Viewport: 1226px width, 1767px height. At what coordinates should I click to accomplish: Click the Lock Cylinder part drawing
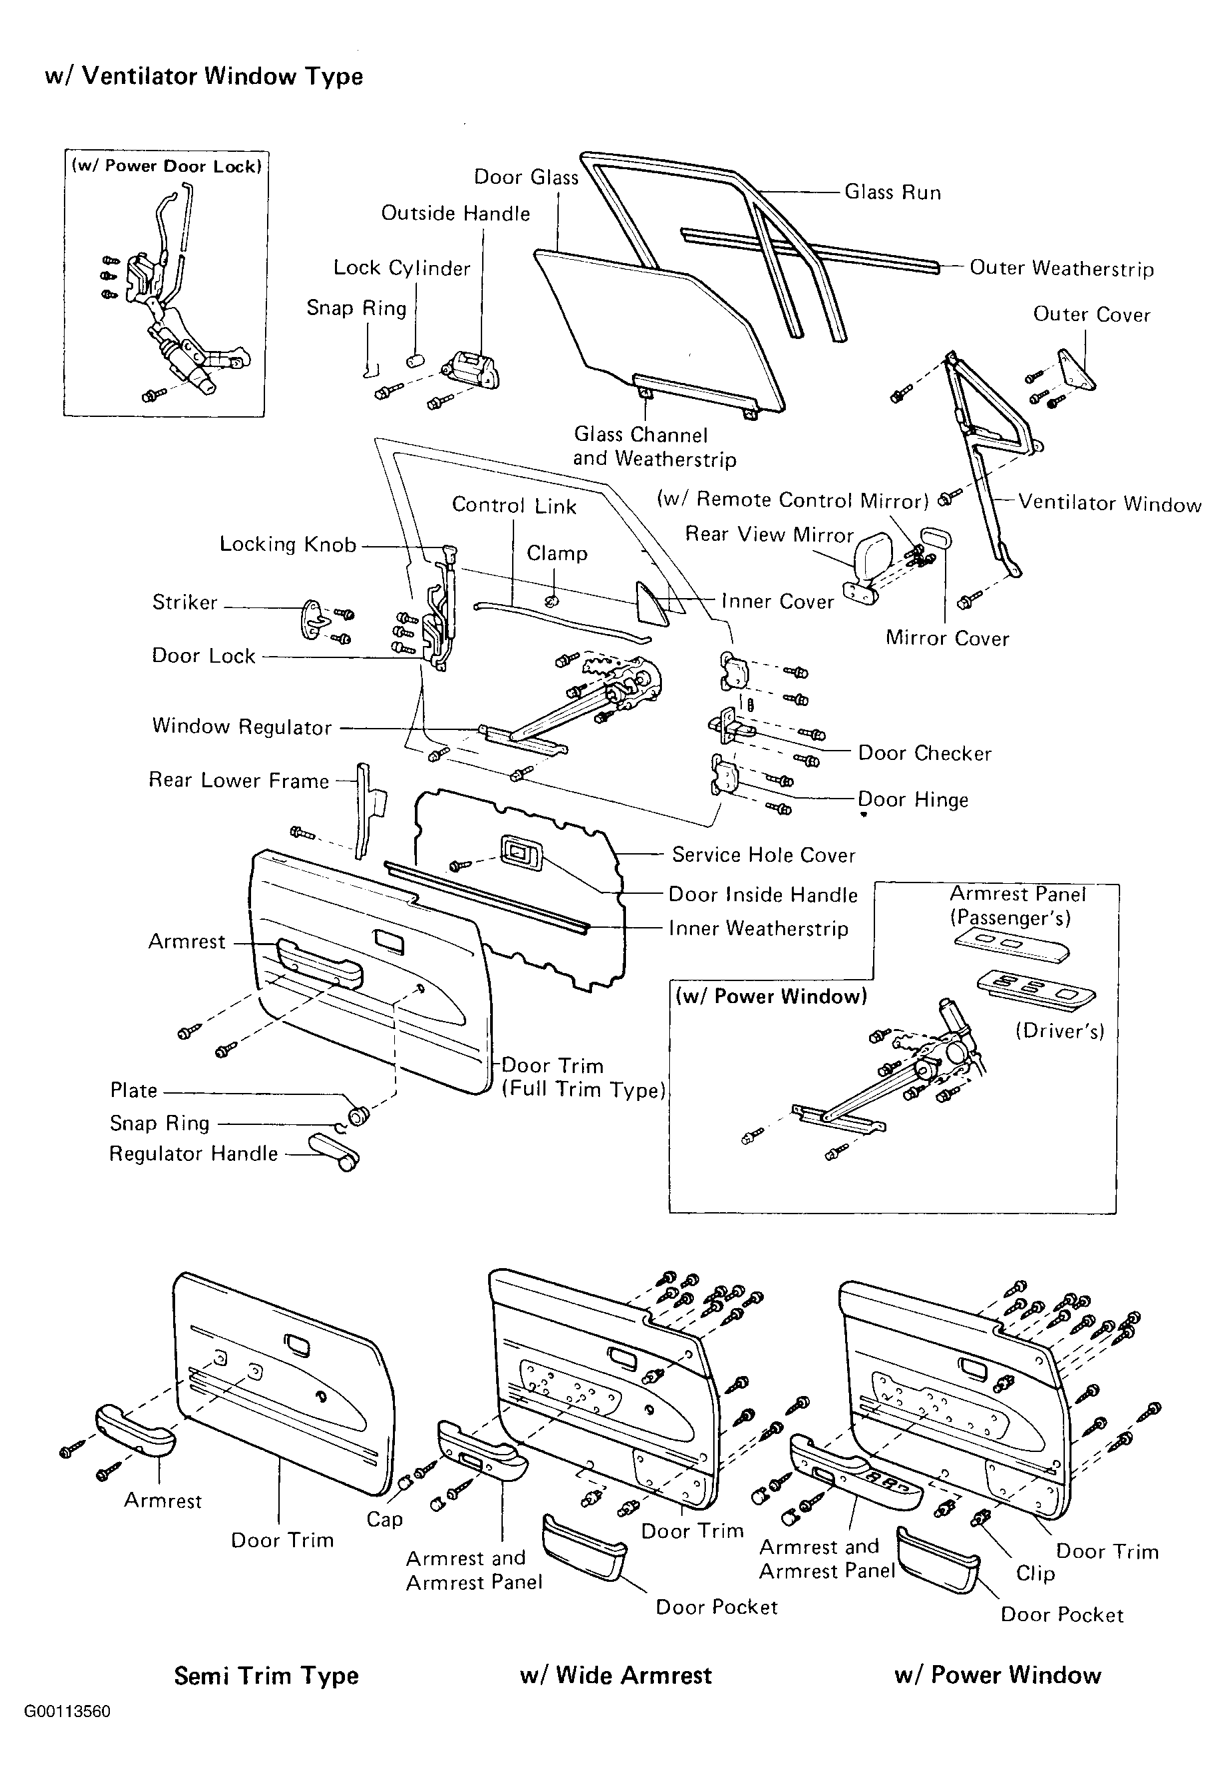coord(416,360)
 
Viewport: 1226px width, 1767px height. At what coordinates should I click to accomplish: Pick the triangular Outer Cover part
coord(1077,372)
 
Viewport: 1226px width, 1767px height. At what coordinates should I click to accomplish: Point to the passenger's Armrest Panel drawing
coord(1012,946)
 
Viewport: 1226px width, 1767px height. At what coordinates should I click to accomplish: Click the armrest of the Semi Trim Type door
coord(135,1431)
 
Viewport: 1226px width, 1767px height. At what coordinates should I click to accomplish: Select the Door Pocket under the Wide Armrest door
coord(585,1547)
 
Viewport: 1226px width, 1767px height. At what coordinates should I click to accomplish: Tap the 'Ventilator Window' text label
coord(1109,504)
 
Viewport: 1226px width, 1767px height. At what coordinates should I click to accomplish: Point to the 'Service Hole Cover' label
coord(764,855)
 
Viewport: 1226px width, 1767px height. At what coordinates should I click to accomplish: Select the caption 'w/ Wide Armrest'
coord(616,1675)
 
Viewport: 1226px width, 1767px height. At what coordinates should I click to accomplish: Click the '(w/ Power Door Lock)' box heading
coord(166,166)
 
